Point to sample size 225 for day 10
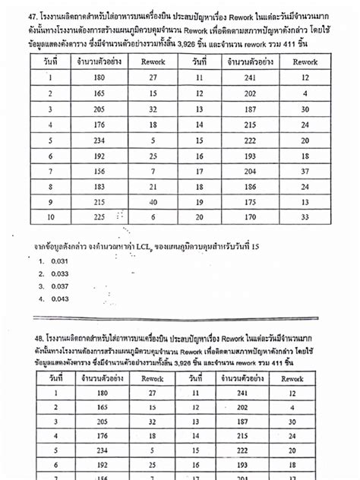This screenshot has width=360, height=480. point(98,216)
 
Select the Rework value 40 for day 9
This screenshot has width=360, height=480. point(154,202)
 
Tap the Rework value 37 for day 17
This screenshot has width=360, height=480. point(305,171)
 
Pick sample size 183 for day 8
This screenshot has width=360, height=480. point(98,187)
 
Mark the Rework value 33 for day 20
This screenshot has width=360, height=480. point(305,216)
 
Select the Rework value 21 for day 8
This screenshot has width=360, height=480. point(154,187)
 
